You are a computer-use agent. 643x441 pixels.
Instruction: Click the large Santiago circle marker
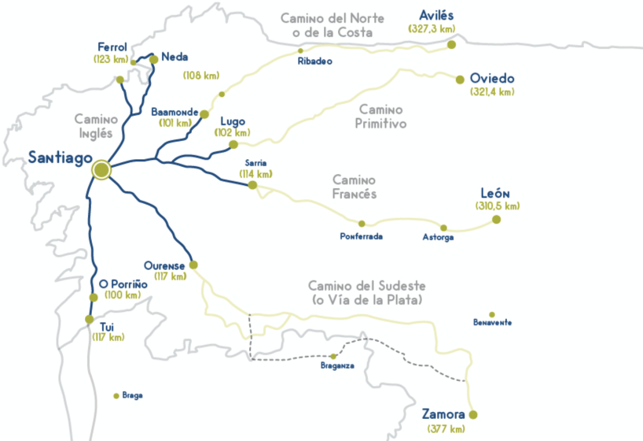[101, 169]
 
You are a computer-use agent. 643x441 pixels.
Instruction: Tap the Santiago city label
[57, 157]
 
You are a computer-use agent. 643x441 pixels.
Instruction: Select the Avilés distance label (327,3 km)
[432, 29]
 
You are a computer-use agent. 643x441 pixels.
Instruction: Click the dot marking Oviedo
[460, 79]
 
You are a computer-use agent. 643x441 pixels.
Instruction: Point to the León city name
[496, 194]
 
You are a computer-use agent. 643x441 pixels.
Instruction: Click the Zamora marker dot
[472, 415]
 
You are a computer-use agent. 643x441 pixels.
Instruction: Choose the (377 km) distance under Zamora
[446, 428]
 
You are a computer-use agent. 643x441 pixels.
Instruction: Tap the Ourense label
[164, 265]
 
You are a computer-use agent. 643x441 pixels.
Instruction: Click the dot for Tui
[88, 319]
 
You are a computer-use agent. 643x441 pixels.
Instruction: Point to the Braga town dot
[116, 395]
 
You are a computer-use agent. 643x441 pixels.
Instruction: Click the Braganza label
[337, 366]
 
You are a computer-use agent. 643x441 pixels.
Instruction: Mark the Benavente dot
[492, 314]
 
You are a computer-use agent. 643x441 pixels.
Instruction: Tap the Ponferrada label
[362, 236]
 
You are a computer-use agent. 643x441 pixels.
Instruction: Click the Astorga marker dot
[443, 228]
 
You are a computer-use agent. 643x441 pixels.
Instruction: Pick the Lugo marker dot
[233, 144]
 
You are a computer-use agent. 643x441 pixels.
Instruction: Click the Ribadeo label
[315, 61]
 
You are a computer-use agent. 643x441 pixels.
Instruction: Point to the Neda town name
[175, 57]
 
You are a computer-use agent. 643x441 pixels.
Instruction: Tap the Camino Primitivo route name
[380, 117]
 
